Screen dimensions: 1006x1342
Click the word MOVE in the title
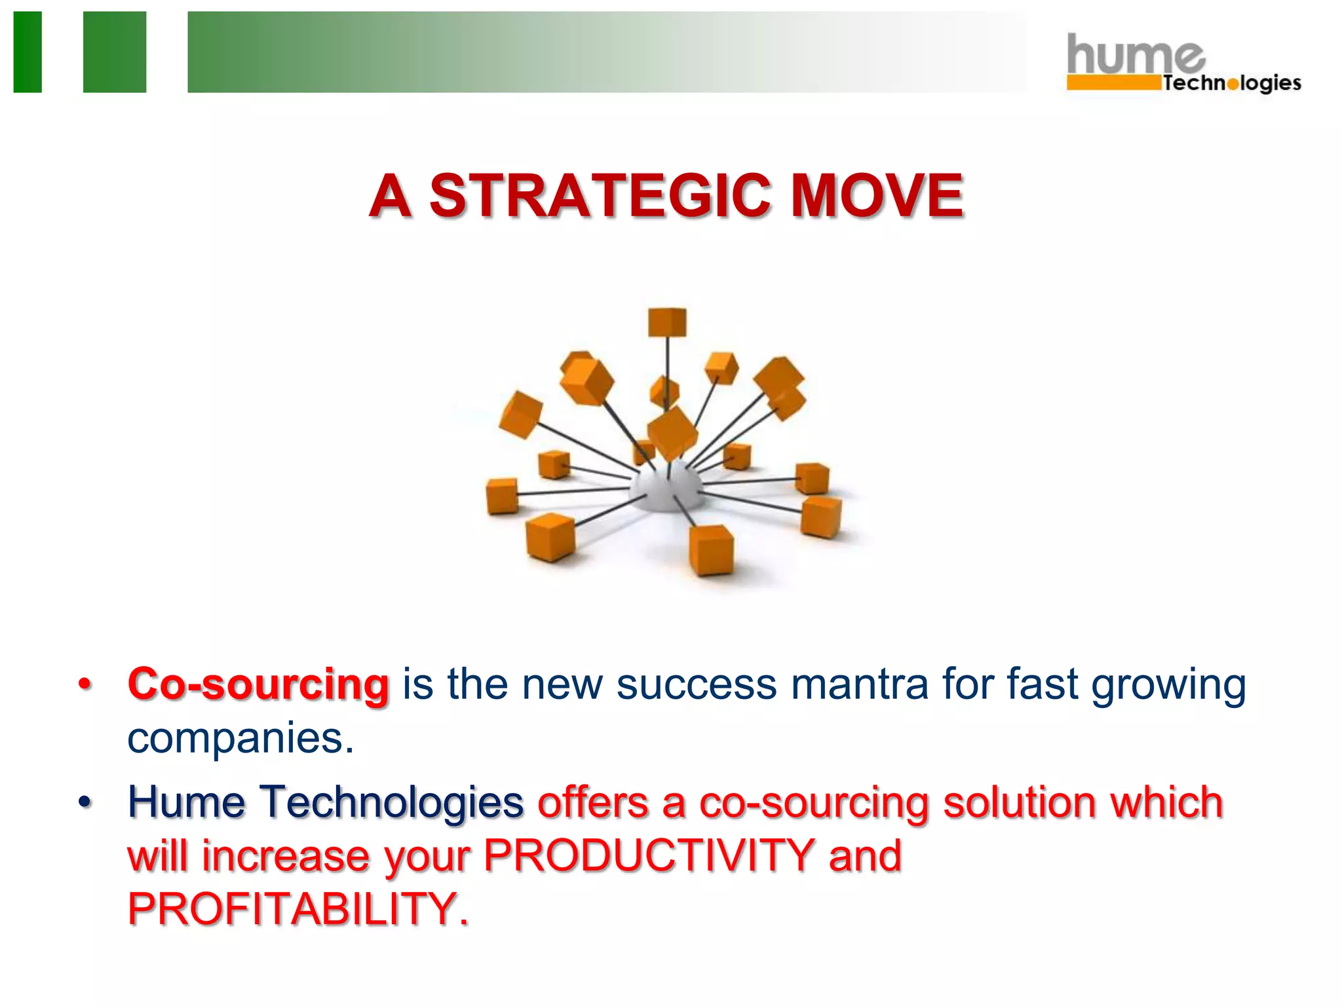[x=877, y=196]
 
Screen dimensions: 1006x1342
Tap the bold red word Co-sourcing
[x=258, y=685]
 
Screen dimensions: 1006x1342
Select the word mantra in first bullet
[x=859, y=685]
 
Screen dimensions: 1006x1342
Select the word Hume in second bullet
[x=186, y=802]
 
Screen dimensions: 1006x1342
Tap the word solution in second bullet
[x=1018, y=802]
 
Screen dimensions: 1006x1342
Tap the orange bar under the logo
[x=1113, y=83]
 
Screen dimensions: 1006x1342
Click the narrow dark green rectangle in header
[x=28, y=52]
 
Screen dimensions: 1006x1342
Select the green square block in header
[x=115, y=52]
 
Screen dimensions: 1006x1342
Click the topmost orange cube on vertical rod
[x=667, y=322]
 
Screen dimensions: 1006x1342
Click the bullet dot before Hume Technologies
[x=85, y=802]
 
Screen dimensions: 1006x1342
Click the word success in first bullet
[x=696, y=685]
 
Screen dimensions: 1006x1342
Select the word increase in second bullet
[x=286, y=856]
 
